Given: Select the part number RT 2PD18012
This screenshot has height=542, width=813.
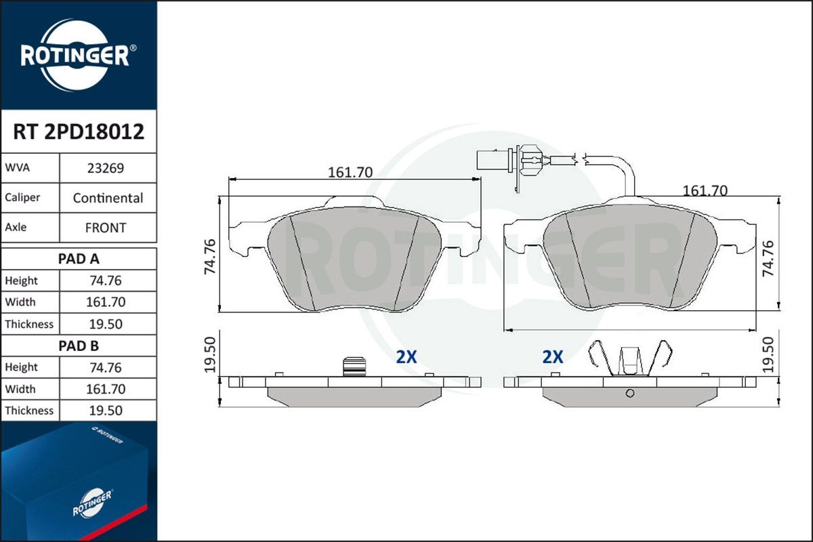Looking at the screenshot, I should [79, 132].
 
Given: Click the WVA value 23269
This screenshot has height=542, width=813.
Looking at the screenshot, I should [108, 168].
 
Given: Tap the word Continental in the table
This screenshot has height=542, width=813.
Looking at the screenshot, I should [108, 198].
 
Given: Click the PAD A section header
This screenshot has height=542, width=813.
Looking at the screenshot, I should [79, 258].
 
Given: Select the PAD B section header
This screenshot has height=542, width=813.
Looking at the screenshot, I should [79, 346].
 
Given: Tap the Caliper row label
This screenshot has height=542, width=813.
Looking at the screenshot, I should [22, 198].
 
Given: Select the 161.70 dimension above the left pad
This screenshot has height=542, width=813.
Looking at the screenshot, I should [350, 172].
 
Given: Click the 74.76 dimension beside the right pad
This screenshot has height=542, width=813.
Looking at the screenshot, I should [767, 258].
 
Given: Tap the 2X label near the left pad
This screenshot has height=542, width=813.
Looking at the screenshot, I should [406, 358].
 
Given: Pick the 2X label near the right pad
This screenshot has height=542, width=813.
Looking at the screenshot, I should [553, 358].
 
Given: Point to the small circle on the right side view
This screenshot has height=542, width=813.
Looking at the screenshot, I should [629, 394].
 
